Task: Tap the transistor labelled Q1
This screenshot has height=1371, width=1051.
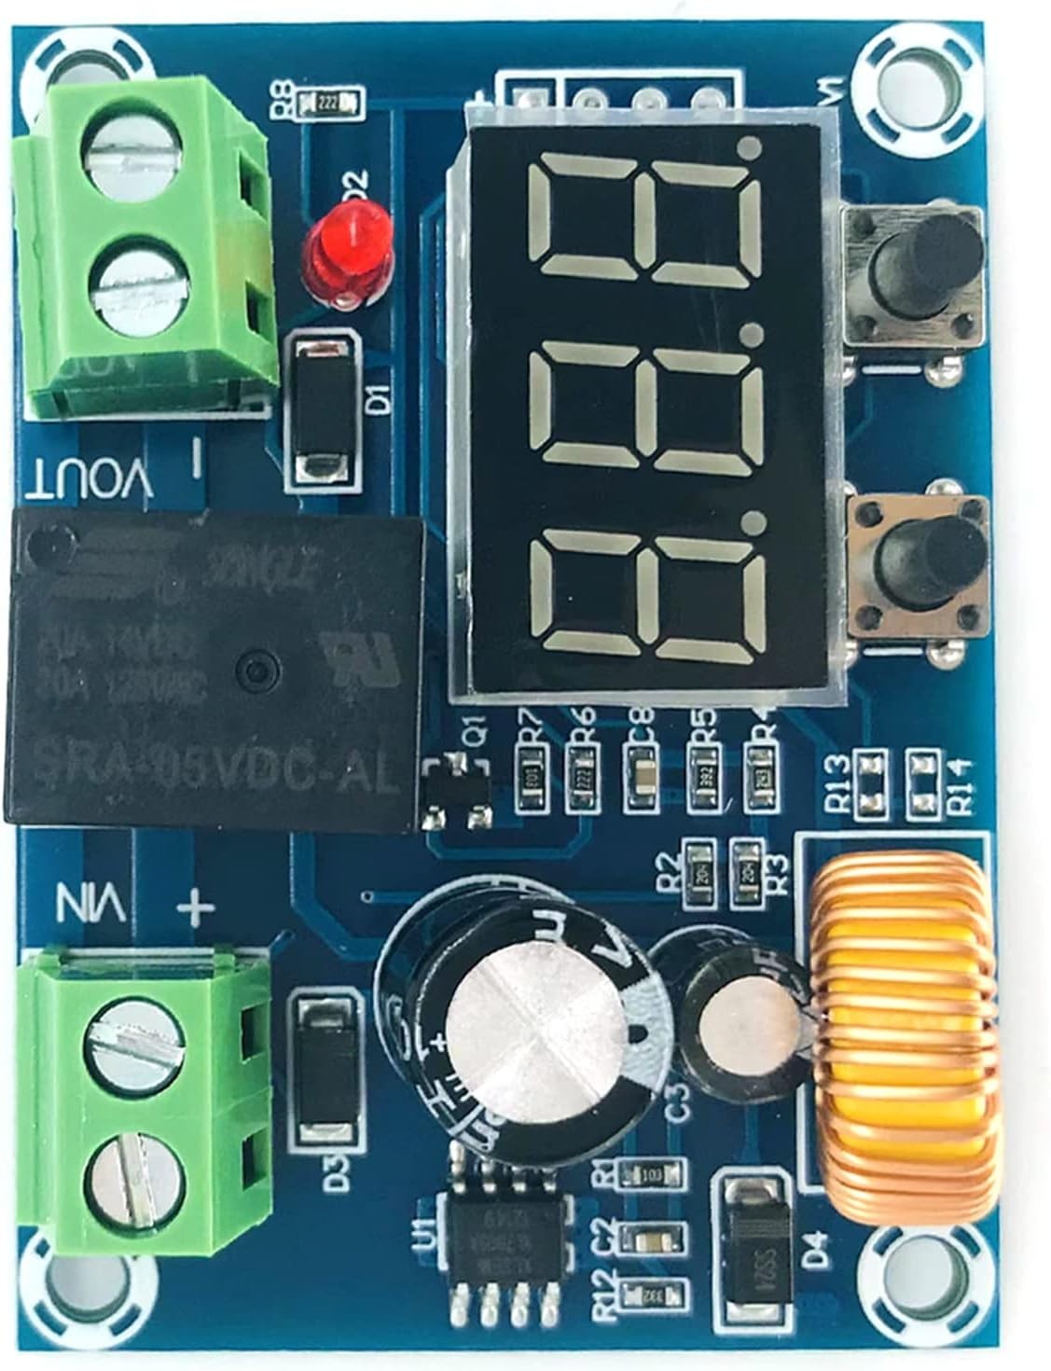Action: tap(456, 793)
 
